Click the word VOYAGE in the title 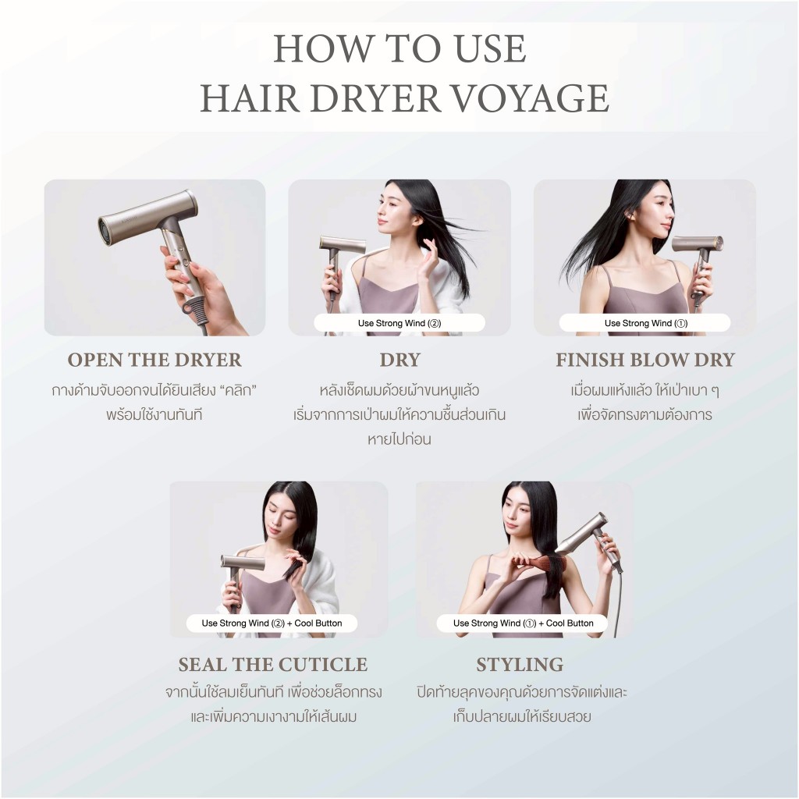tap(531, 98)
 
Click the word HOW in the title tap(322, 48)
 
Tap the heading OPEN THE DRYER tap(154, 360)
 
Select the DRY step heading tap(400, 360)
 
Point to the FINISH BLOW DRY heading tap(645, 360)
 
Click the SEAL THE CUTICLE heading tap(272, 665)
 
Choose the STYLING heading tap(520, 665)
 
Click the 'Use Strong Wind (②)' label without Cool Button tap(399, 323)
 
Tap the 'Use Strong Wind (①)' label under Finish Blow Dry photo tap(645, 323)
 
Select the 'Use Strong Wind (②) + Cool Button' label tap(272, 623)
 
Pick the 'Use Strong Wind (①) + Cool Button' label tap(523, 623)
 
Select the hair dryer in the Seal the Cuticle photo tap(240, 574)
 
